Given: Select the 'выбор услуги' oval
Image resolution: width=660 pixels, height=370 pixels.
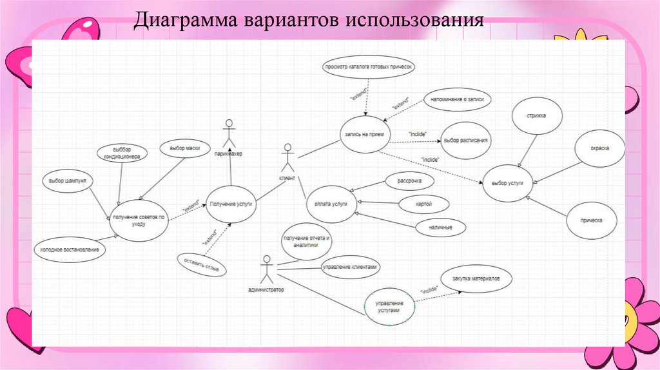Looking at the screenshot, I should (x=507, y=183).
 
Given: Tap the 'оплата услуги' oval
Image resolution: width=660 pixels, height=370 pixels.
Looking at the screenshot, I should (x=331, y=204).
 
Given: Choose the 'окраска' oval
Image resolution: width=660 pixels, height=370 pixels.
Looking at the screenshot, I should (x=599, y=148).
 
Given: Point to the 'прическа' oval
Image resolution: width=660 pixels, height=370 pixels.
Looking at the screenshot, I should (x=592, y=220).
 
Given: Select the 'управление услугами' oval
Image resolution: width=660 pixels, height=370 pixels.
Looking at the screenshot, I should (x=390, y=306).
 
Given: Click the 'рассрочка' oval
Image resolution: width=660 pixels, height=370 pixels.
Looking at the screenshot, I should (x=409, y=181).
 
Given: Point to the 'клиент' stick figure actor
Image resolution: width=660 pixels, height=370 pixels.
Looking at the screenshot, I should (x=286, y=158).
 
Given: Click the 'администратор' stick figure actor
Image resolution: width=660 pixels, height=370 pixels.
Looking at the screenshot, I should (x=266, y=270).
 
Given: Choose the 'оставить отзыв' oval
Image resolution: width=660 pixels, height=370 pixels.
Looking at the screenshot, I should (x=202, y=265).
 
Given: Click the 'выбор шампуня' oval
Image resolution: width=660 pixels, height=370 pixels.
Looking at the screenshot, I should (x=68, y=182).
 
